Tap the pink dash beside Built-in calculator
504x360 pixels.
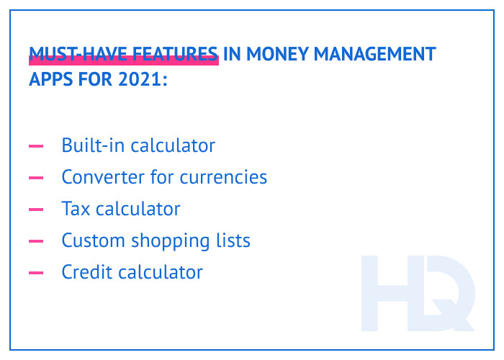(x=35, y=146)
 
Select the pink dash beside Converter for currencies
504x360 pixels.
(x=35, y=178)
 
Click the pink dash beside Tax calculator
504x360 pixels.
(x=35, y=210)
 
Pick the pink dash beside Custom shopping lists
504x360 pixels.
(x=35, y=241)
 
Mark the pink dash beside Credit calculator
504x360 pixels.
(x=35, y=273)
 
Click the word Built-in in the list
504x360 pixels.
(x=88, y=145)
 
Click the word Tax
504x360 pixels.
(x=74, y=209)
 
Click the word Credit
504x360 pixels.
(x=85, y=272)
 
